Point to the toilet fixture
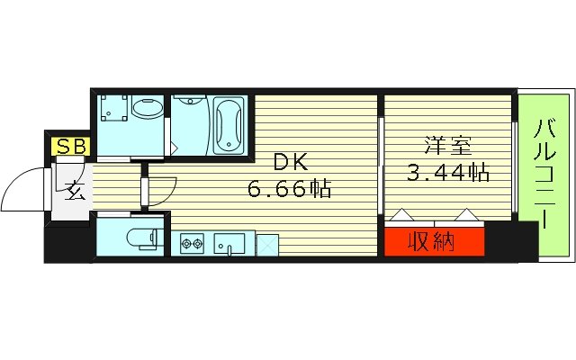pos(141,238)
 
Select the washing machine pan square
pos(115,111)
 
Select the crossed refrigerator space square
pos(267,244)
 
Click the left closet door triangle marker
pos(401,216)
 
